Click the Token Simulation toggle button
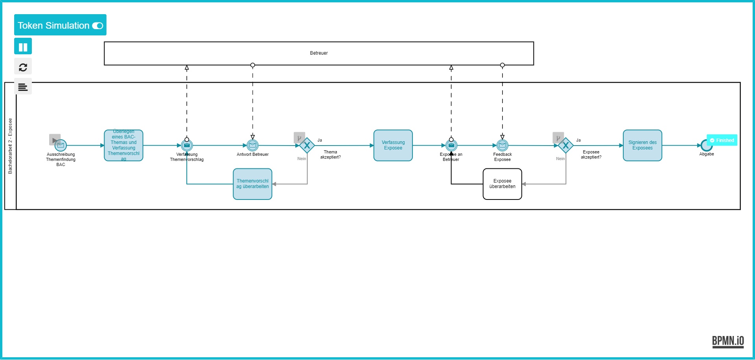tap(60, 25)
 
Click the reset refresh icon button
tap(23, 67)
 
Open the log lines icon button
tap(23, 87)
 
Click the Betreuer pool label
tap(319, 53)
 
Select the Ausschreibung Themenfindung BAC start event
tap(61, 146)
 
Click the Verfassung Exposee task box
tap(393, 146)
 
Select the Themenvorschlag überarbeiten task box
tap(252, 184)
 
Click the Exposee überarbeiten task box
tap(502, 184)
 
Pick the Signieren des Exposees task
tap(642, 146)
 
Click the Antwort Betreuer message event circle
tap(252, 146)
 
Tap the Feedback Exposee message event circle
tap(502, 146)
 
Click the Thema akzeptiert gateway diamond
tap(307, 146)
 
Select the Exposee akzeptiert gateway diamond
tap(565, 146)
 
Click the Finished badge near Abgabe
tap(722, 140)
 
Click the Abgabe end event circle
tap(706, 146)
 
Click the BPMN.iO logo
tap(728, 341)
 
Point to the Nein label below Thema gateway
tap(302, 159)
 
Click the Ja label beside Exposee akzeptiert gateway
tap(578, 140)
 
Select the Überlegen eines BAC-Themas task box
tap(123, 146)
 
